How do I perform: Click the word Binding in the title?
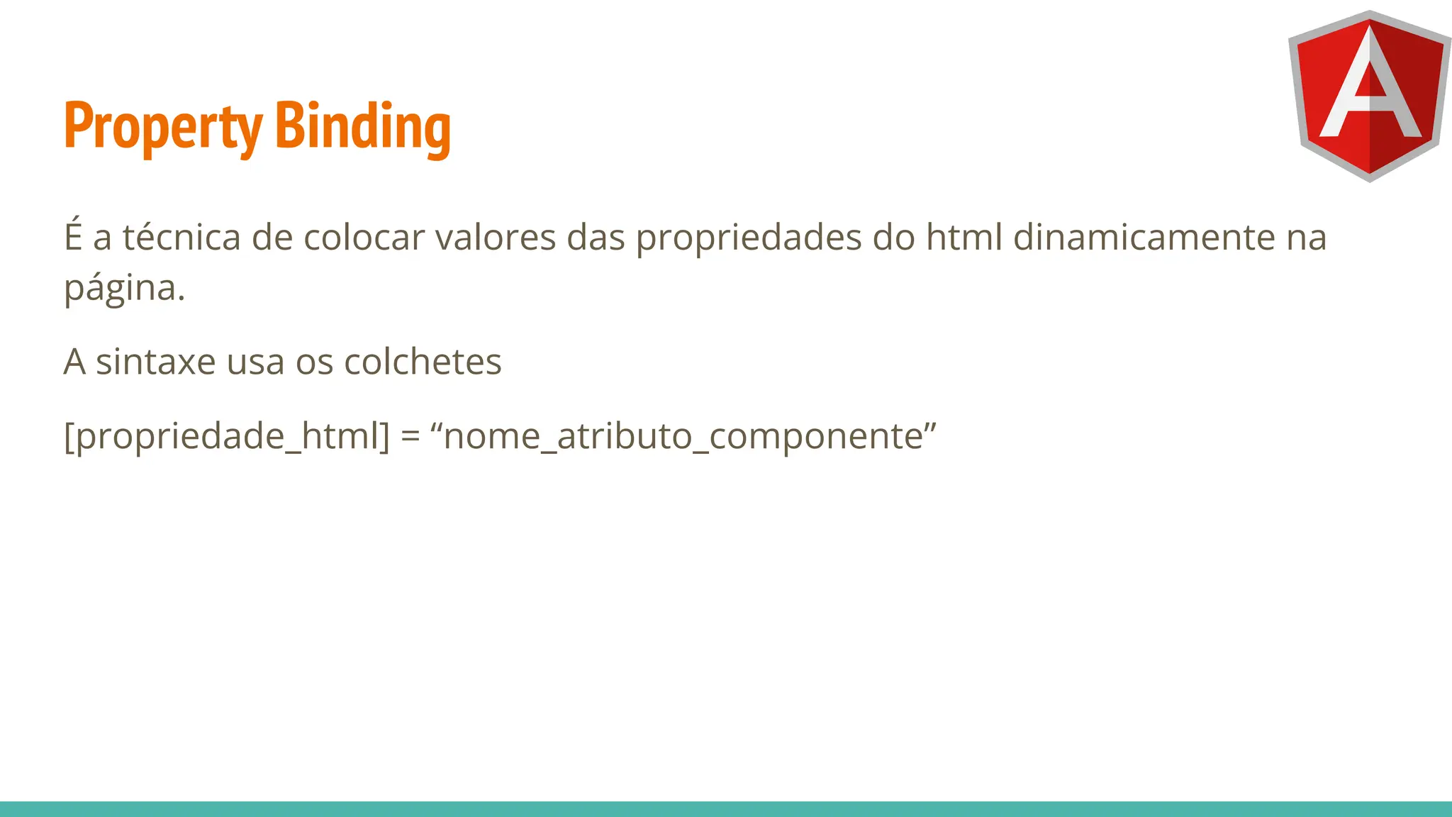coord(362,126)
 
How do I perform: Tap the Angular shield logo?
coord(1369,96)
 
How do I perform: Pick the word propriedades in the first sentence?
coord(748,238)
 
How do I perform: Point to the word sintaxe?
coord(155,362)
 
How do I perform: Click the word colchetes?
coord(423,362)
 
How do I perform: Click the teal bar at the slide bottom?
coord(726,808)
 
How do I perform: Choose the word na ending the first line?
coord(1306,238)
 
